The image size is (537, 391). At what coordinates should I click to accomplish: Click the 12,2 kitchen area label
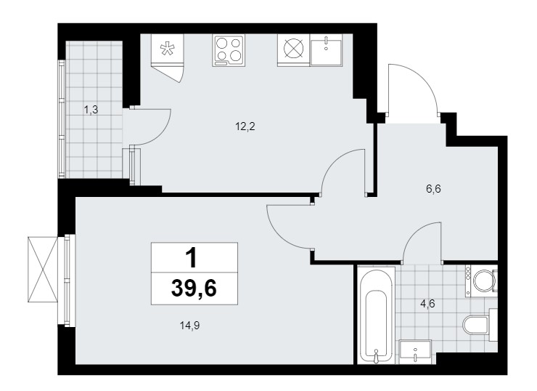[245, 127]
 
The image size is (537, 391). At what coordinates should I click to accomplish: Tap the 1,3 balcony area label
[91, 110]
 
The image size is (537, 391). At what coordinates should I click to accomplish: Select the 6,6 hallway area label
[433, 189]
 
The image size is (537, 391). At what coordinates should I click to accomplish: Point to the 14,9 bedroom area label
[189, 325]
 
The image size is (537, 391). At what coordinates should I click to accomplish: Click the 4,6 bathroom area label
[427, 304]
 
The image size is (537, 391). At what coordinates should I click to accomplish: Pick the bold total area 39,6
[194, 288]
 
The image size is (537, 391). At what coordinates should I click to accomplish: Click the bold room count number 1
[192, 258]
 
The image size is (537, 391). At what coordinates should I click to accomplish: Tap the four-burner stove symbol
[229, 50]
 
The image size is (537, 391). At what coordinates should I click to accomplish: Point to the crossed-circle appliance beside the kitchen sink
[294, 49]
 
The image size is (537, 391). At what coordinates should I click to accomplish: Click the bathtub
[376, 315]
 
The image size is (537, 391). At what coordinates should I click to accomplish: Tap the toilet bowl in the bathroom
[479, 324]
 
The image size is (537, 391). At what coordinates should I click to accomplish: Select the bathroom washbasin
[415, 351]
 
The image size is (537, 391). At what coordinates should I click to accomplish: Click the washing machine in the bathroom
[481, 281]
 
